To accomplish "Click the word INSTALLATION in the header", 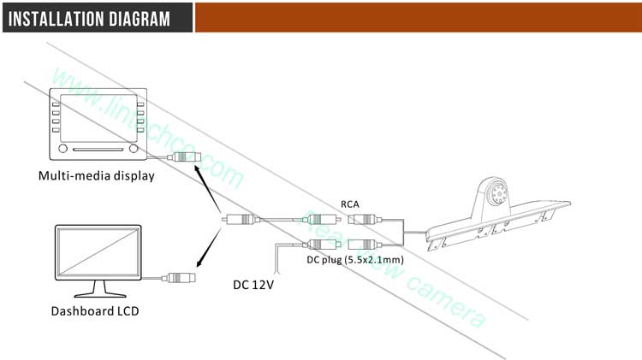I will [61, 18].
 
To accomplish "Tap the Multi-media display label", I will [96, 177].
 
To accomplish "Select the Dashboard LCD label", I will [94, 311].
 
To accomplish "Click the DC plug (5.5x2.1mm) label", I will [354, 258].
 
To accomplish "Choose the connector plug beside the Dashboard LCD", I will [181, 277].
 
